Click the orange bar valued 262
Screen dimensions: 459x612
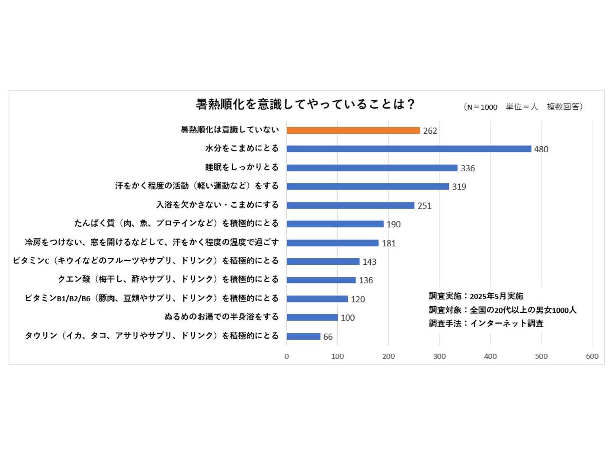click(x=353, y=130)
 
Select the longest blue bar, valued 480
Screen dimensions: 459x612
click(x=409, y=149)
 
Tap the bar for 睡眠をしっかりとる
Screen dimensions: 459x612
click(x=372, y=168)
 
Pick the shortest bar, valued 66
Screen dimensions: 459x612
click(x=303, y=337)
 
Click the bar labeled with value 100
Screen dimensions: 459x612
click(x=312, y=318)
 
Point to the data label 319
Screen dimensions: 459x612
click(x=459, y=187)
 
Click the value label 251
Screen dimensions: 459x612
click(x=424, y=206)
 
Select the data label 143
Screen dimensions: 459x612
click(x=369, y=262)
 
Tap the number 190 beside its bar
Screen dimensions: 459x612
click(x=394, y=225)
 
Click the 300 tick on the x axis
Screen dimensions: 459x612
click(x=439, y=356)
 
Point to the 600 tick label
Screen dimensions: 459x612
click(x=592, y=356)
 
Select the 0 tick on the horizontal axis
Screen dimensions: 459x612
click(x=287, y=356)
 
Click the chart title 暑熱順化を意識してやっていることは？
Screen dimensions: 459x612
click(x=305, y=104)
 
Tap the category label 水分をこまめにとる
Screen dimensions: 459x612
click(x=242, y=148)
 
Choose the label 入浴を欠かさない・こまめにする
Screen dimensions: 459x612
click(x=217, y=205)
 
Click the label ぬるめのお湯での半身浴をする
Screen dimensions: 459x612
click(x=221, y=317)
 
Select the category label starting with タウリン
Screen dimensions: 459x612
click(x=151, y=336)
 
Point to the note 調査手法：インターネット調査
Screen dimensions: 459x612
click(x=486, y=323)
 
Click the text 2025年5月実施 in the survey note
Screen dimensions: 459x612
click(x=496, y=296)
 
